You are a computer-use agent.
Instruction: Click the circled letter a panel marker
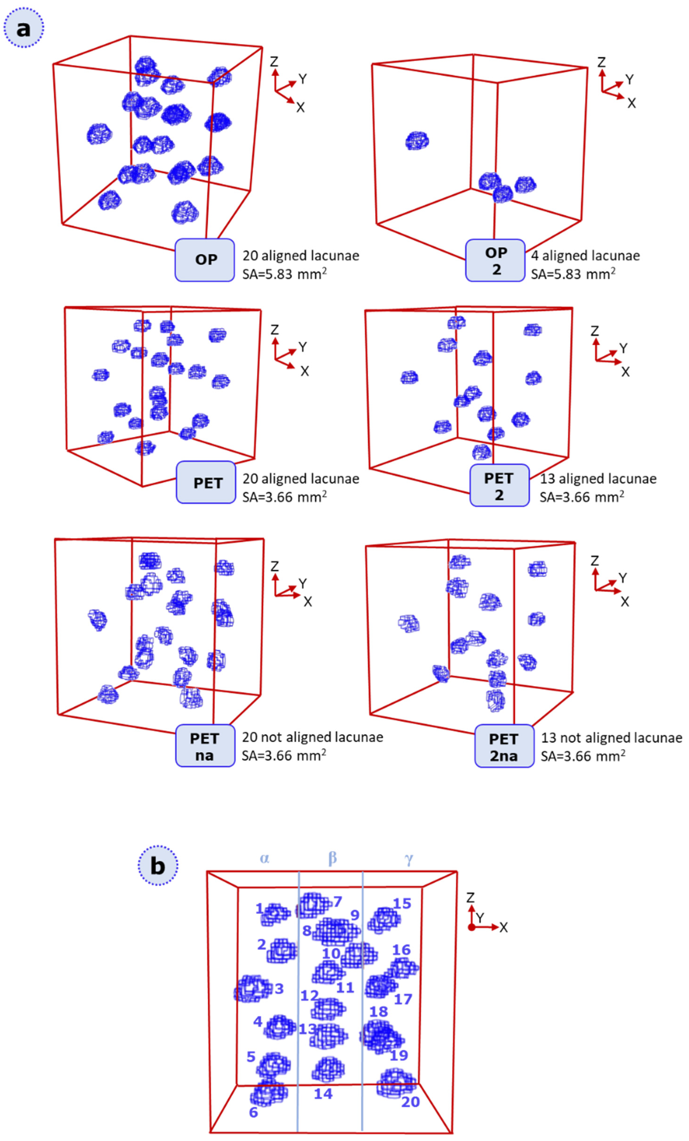24,28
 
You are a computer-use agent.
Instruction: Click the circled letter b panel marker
158,865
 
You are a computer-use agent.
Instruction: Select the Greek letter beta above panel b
332,858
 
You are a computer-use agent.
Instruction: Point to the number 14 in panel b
323,1094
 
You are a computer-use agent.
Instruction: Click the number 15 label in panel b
402,904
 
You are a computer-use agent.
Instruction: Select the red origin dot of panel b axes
471,927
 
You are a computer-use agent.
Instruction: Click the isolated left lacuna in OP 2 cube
417,141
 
